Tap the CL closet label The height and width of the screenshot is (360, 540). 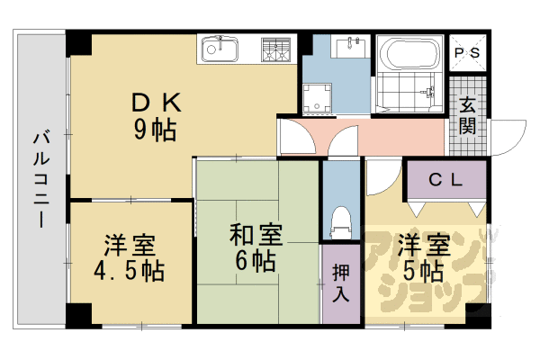click(x=445, y=180)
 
